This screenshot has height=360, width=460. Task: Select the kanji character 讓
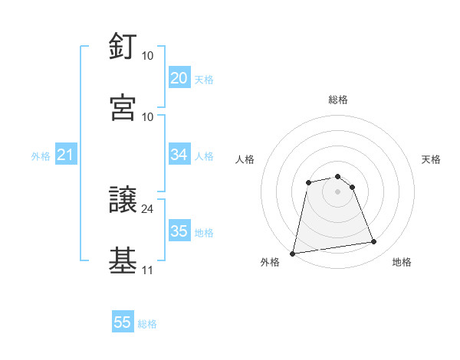click(x=123, y=200)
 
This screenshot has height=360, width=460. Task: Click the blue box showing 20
click(x=179, y=78)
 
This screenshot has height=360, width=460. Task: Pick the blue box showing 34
click(x=179, y=155)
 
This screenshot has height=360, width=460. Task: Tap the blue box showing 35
click(x=179, y=231)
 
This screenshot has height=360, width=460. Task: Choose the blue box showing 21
click(x=65, y=155)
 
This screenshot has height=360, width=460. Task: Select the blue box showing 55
click(x=123, y=322)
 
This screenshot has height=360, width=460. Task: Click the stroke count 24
click(x=148, y=208)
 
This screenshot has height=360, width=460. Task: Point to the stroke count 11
click(x=148, y=270)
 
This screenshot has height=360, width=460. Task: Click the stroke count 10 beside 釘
click(x=148, y=55)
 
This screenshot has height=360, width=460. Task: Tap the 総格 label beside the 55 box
click(x=148, y=324)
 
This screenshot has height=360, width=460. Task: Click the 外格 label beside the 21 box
click(x=41, y=156)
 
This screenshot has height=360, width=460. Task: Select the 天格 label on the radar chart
click(x=432, y=159)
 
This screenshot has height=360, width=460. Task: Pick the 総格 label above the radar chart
click(x=338, y=100)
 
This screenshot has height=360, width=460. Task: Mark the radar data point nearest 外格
click(x=293, y=253)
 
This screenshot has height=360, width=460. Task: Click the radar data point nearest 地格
click(x=373, y=242)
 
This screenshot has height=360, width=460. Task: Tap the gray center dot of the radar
click(x=337, y=191)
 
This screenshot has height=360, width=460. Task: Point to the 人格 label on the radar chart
click(x=245, y=159)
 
